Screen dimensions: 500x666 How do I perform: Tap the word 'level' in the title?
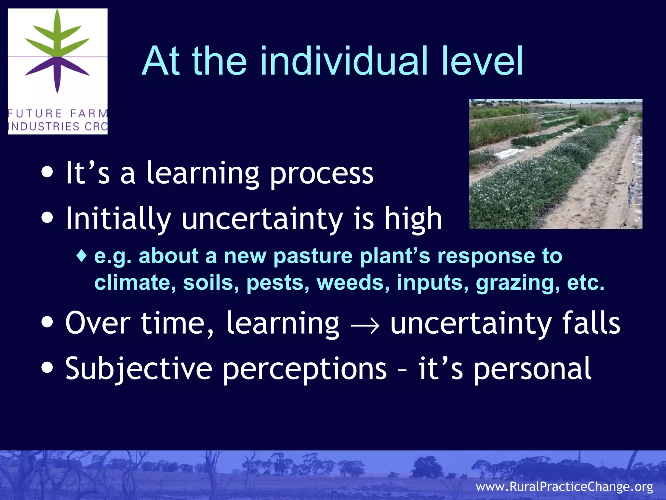[x=481, y=61]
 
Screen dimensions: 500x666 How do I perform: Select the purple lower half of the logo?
[x=58, y=72]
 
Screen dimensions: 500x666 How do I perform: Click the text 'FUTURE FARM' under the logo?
[x=58, y=114]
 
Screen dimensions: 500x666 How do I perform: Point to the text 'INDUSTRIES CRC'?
[x=58, y=126]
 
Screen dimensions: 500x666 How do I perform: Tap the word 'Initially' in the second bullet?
[x=118, y=219]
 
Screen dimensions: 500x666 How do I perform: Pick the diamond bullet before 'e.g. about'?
[x=82, y=256]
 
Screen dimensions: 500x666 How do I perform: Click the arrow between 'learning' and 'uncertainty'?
[x=365, y=324]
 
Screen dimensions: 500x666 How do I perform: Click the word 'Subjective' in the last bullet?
[x=139, y=368]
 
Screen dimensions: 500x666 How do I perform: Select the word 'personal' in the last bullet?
[x=532, y=368]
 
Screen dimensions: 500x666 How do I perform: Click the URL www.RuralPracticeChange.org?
[x=564, y=487]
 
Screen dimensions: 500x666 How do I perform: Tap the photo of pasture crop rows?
[x=555, y=164]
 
